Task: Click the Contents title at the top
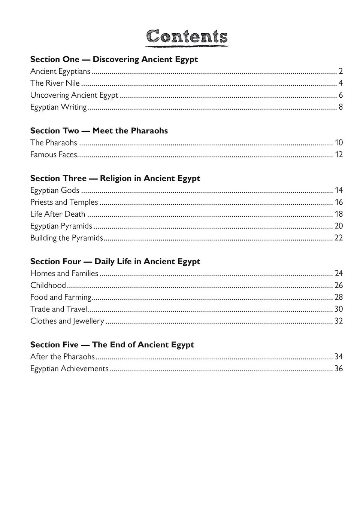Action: click(x=187, y=37)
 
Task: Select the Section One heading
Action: click(x=114, y=59)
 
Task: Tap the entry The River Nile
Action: click(x=55, y=83)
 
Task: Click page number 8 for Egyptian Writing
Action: click(x=341, y=107)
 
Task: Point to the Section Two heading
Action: click(x=99, y=131)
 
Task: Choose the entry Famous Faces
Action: click(x=54, y=155)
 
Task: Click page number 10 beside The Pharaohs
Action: click(x=339, y=143)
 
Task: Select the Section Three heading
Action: click(x=115, y=178)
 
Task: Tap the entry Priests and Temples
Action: click(x=64, y=202)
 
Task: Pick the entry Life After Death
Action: click(x=58, y=214)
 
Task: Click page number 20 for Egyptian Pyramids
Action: click(x=338, y=226)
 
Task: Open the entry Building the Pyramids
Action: click(x=66, y=238)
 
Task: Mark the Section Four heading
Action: click(x=115, y=261)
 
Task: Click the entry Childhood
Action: click(x=48, y=285)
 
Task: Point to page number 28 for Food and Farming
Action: click(x=338, y=297)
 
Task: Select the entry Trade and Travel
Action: click(x=58, y=309)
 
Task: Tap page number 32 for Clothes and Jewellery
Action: click(x=338, y=321)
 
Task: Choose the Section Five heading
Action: click(x=112, y=345)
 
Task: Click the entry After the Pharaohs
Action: click(x=63, y=357)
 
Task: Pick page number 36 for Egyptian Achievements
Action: click(x=338, y=369)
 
